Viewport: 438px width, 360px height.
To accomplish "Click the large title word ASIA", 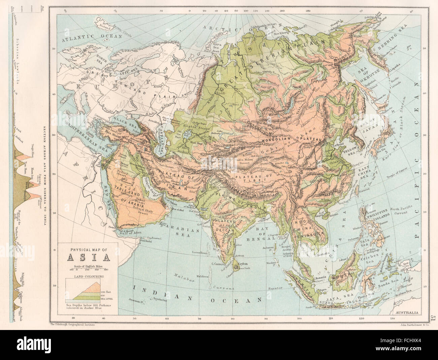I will tap(89, 258).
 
